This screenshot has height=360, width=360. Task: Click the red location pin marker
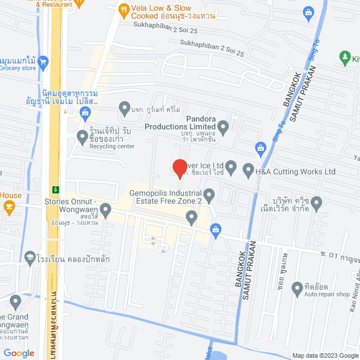coord(179,168)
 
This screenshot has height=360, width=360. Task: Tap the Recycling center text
coord(112,146)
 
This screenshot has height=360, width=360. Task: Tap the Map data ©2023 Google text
coord(325,355)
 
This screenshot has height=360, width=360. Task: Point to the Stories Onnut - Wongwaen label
coord(71,206)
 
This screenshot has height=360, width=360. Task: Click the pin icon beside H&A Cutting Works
coord(248,169)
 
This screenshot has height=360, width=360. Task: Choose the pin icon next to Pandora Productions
coord(223,128)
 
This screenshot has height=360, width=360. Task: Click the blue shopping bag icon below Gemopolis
coord(215,228)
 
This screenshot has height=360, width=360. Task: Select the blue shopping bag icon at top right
coord(308,11)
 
